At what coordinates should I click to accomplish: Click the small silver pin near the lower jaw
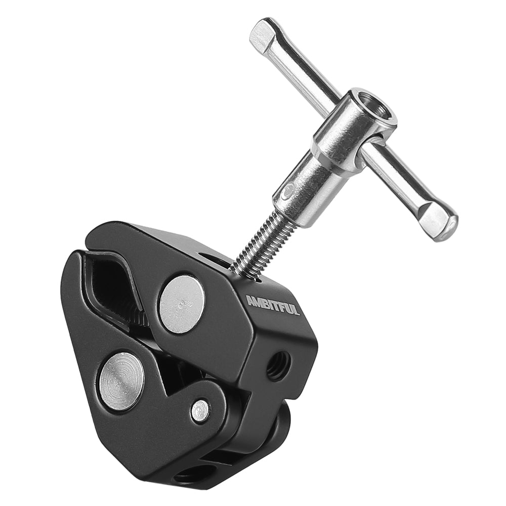pos(199,410)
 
